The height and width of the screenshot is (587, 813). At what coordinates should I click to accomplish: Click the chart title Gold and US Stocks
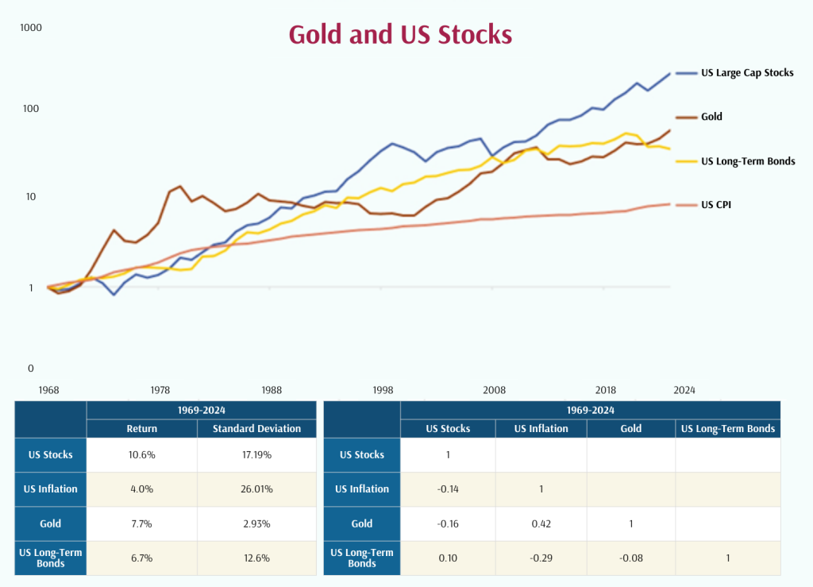(400, 35)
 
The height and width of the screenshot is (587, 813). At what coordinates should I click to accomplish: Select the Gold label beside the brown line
(711, 117)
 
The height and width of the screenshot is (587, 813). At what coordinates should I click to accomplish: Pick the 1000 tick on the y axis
(31, 28)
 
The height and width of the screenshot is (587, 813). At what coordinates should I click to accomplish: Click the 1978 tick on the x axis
(160, 390)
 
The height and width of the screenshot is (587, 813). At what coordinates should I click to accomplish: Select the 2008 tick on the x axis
(495, 390)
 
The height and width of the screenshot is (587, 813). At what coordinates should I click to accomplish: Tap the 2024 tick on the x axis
(684, 390)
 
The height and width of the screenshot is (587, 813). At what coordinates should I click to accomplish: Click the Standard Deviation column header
(256, 428)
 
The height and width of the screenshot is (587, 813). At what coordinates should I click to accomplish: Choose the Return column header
(142, 428)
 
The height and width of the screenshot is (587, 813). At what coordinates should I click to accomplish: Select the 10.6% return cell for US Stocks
(142, 454)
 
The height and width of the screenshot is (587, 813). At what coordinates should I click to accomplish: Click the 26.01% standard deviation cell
(256, 489)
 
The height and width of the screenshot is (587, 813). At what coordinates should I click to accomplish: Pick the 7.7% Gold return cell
(142, 523)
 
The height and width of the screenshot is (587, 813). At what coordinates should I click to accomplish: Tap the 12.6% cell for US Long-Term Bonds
(256, 558)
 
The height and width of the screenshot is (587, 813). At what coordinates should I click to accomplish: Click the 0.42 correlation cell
(541, 523)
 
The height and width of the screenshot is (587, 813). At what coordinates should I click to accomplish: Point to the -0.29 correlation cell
(541, 558)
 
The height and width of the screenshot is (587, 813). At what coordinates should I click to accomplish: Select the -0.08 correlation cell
(630, 558)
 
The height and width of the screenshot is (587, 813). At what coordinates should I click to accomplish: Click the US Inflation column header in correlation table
(541, 428)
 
